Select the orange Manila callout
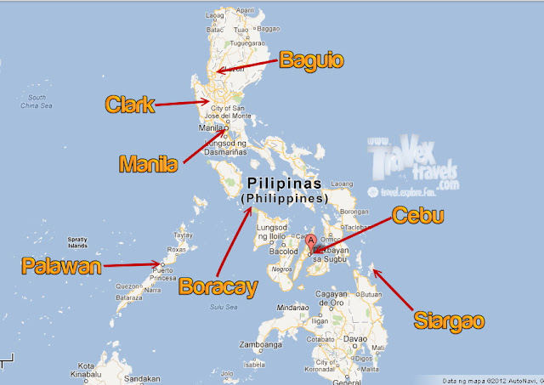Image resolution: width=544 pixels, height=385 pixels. pos(149,162)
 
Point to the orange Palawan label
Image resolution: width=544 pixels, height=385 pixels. pos(61,267)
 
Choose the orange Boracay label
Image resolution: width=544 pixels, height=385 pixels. pos(218,286)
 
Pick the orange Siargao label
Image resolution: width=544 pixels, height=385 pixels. pos(450,320)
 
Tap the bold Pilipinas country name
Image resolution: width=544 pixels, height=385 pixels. pos(285,184)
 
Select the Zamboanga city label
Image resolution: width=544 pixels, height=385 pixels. pos(262,346)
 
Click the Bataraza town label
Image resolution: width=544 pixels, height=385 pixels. pos(128,298)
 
